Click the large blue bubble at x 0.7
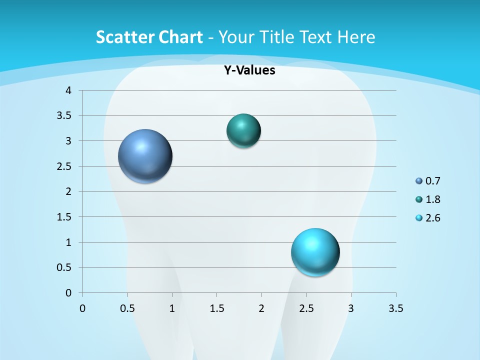(145, 156)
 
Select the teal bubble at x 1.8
(243, 131)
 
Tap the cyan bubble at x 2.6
(315, 252)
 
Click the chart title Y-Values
(249, 70)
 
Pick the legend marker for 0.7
(419, 181)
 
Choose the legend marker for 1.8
(419, 199)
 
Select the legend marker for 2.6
(419, 218)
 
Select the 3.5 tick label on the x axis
(395, 308)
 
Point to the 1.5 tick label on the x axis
(216, 308)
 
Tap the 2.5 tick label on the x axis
(306, 308)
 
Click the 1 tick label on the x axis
(172, 308)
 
